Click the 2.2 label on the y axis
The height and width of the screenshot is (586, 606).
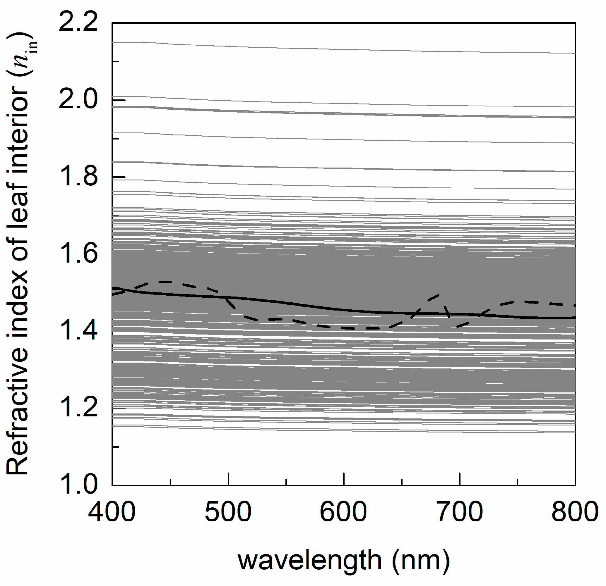click(x=78, y=23)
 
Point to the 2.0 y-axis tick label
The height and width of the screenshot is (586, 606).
click(x=78, y=100)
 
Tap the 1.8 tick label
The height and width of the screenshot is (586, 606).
click(x=78, y=177)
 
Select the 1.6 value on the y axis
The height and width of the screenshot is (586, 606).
click(x=78, y=254)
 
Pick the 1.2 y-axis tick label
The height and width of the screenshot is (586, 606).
click(x=78, y=408)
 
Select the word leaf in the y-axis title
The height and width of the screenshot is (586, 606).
click(x=18, y=198)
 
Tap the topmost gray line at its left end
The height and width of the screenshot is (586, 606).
click(x=113, y=42)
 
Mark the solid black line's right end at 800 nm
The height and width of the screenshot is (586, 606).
click(x=574, y=317)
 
